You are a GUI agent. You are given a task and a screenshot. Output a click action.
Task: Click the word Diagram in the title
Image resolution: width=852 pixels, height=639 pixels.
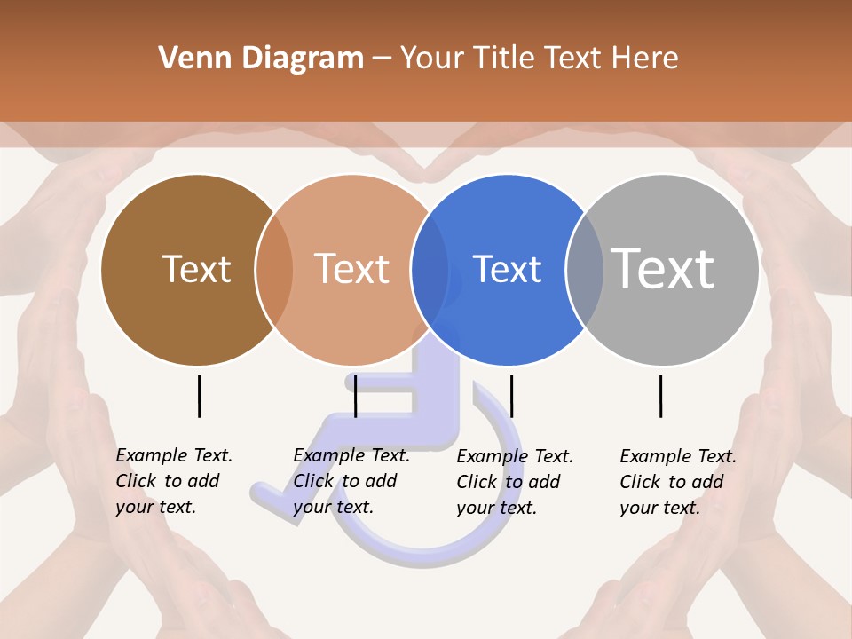pyautogui.click(x=303, y=59)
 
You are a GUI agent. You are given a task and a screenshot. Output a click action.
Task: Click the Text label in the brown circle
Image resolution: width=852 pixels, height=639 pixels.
pyautogui.click(x=196, y=269)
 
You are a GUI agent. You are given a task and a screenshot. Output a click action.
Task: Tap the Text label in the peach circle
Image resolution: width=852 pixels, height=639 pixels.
pyautogui.click(x=351, y=269)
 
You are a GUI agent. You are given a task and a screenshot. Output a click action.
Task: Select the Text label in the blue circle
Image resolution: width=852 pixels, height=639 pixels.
pyautogui.click(x=507, y=269)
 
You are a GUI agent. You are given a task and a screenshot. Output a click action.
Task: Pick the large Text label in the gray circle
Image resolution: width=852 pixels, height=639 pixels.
pyautogui.click(x=663, y=268)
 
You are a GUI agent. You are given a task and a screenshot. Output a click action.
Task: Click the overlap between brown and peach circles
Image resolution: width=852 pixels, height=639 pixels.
pyautogui.click(x=274, y=270)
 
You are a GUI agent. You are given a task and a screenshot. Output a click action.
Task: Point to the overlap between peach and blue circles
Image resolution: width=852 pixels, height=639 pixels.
pyautogui.click(x=430, y=270)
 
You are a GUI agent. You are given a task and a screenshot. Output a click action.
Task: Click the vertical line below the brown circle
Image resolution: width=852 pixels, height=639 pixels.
pyautogui.click(x=199, y=396)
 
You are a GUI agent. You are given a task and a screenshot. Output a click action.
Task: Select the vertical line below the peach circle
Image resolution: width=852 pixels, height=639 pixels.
pyautogui.click(x=355, y=396)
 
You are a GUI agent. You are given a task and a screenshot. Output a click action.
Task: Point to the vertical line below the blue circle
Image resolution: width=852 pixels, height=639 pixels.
pyautogui.click(x=511, y=396)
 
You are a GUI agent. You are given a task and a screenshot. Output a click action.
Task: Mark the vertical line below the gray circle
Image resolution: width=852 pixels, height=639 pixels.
pyautogui.click(x=661, y=396)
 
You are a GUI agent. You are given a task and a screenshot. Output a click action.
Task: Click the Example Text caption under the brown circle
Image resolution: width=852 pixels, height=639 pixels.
pyautogui.click(x=173, y=481)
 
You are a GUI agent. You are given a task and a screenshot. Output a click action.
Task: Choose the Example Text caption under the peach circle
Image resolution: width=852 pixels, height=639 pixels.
pyautogui.click(x=351, y=481)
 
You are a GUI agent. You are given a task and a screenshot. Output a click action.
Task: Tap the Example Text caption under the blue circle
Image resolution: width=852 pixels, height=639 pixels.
pyautogui.click(x=514, y=482)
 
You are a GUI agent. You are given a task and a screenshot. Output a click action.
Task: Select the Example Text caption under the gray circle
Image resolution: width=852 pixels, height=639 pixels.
pyautogui.click(x=677, y=482)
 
